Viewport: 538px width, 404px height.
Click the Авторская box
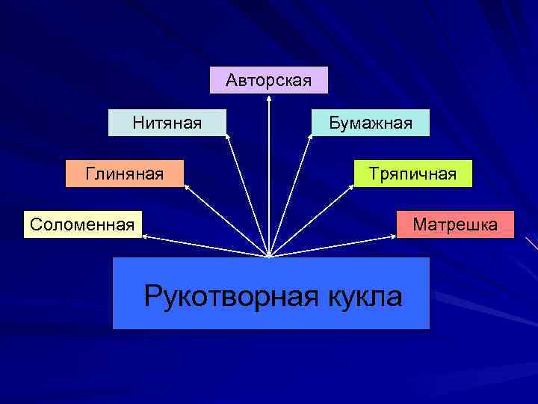tap(268, 80)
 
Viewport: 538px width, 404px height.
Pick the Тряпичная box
tap(412, 174)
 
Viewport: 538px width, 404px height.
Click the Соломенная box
tap(82, 224)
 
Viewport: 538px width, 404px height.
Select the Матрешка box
tap(455, 224)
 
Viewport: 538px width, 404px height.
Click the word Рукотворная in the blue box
tap(233, 296)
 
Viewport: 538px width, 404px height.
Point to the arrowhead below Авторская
tap(268, 97)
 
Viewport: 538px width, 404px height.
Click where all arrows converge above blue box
tap(268, 255)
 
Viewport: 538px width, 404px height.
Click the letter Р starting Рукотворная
tap(153, 296)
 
